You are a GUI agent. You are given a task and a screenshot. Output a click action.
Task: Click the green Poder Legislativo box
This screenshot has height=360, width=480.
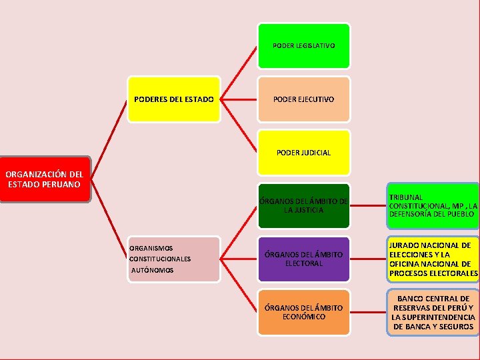(x=303, y=46)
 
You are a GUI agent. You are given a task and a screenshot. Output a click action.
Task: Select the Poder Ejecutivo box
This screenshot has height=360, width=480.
(x=303, y=99)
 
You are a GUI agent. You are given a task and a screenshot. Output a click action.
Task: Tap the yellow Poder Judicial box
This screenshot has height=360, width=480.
(x=303, y=153)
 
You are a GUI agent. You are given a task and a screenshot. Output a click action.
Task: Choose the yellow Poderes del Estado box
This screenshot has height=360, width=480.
(x=173, y=99)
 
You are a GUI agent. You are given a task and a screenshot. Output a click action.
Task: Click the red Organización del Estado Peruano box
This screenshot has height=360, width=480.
(x=44, y=179)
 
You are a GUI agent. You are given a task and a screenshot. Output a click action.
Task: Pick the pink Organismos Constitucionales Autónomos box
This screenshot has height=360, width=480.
(x=173, y=259)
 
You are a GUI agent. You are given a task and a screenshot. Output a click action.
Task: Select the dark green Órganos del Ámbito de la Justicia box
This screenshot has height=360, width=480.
(x=303, y=205)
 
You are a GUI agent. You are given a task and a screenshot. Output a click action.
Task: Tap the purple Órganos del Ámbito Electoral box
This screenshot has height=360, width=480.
(x=303, y=259)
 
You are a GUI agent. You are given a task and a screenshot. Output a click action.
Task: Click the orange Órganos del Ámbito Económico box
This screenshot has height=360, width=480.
(x=303, y=312)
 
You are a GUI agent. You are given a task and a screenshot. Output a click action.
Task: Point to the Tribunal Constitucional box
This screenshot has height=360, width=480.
(x=433, y=205)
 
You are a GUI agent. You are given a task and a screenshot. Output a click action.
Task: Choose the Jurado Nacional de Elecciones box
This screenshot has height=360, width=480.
(x=433, y=259)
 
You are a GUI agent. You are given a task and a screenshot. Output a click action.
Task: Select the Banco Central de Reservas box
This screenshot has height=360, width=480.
(x=433, y=312)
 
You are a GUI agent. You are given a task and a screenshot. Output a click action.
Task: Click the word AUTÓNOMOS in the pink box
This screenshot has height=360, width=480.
(x=153, y=271)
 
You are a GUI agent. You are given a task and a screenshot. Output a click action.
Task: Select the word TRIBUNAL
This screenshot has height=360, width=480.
(x=405, y=197)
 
